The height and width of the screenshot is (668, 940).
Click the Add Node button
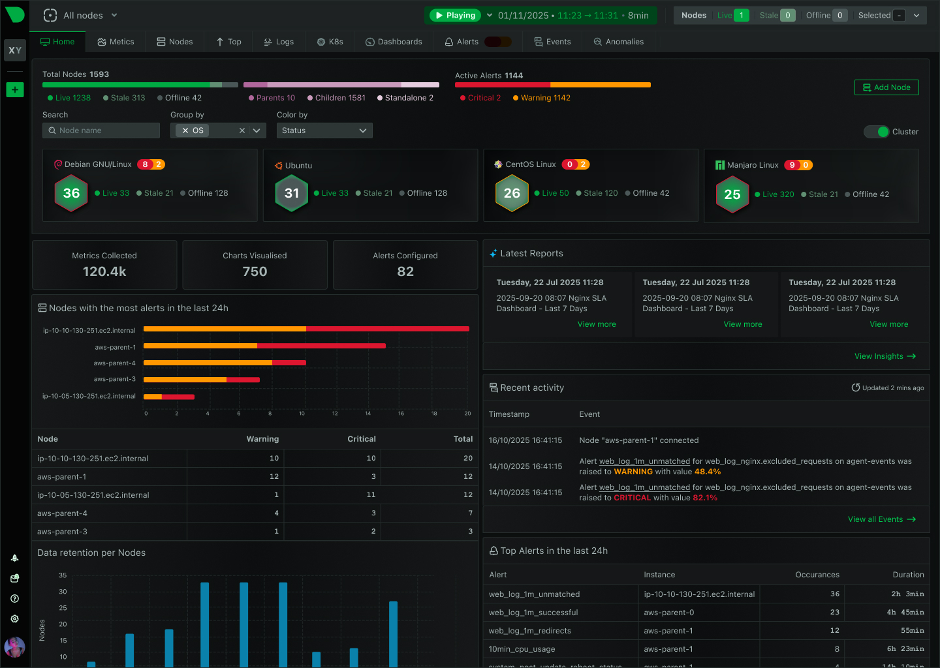pyautogui.click(x=886, y=87)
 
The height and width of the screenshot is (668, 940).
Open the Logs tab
pyautogui.click(x=279, y=42)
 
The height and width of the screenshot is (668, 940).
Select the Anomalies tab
pyautogui.click(x=618, y=42)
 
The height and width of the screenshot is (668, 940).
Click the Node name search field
pyautogui.click(x=102, y=130)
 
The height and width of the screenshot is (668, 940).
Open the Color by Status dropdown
pyautogui.click(x=324, y=130)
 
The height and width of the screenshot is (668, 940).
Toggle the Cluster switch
pyautogui.click(x=877, y=132)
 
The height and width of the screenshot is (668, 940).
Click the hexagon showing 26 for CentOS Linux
pyautogui.click(x=512, y=193)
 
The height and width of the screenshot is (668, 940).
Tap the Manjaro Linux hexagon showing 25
pyautogui.click(x=732, y=194)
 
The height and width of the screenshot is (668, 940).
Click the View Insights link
pyautogui.click(x=885, y=356)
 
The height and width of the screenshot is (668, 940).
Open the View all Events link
pyautogui.click(x=881, y=519)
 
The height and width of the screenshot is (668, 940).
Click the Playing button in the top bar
pyautogui.click(x=455, y=16)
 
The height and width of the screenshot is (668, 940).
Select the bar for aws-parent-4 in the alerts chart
pyautogui.click(x=225, y=363)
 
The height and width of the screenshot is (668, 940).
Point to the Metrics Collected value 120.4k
pyautogui.click(x=104, y=271)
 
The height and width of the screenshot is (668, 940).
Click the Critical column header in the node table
pyautogui.click(x=361, y=439)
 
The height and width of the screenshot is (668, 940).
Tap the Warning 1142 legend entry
pyautogui.click(x=541, y=98)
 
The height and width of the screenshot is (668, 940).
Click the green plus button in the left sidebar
pyautogui.click(x=14, y=90)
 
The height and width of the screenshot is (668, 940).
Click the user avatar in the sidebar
pyautogui.click(x=14, y=647)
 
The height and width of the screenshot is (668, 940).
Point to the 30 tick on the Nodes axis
pyautogui.click(x=63, y=592)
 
